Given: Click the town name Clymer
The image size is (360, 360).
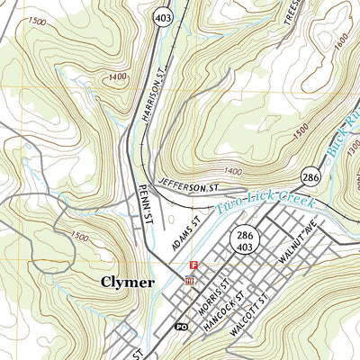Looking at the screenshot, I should tap(127, 282).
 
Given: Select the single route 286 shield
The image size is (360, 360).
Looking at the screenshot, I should tap(312, 176).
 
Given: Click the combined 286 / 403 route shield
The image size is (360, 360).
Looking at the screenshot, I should tap(249, 237).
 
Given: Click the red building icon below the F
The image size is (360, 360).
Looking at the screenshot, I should tap(189, 280).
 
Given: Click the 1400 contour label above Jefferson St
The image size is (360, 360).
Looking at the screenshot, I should tap(233, 170).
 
